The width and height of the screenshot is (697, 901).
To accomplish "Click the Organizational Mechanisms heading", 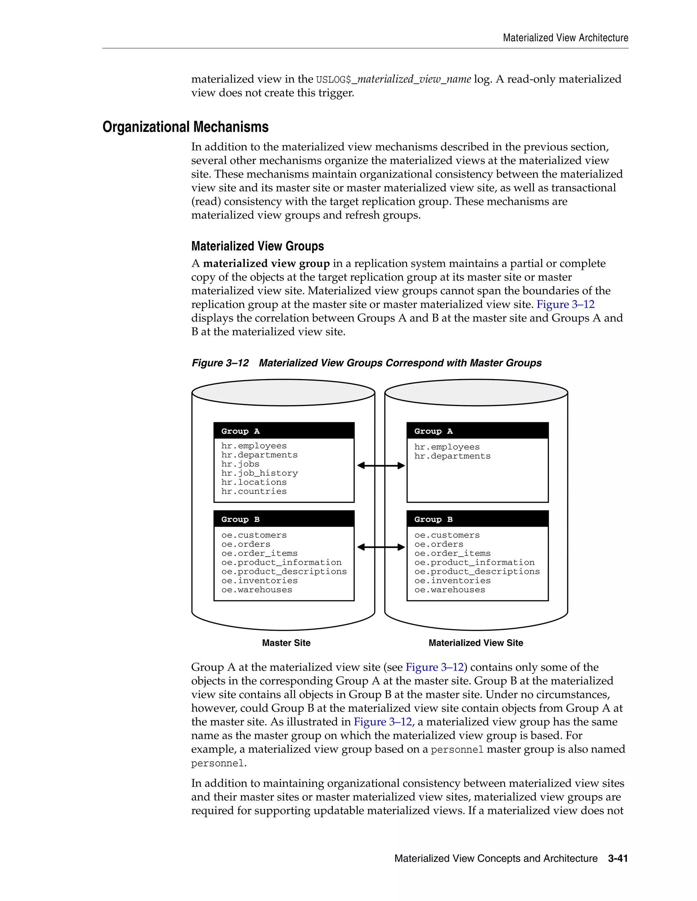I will (185, 127).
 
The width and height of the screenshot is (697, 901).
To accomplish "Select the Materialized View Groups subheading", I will (257, 246).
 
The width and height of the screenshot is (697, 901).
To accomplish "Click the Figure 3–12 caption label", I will (220, 363).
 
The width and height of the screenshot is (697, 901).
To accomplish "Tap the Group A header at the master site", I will (241, 431).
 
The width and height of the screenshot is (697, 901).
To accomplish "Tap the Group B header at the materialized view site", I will (434, 520).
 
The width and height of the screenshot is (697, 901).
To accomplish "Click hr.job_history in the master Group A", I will (259, 473).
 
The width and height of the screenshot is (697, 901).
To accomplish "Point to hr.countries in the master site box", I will (254, 491).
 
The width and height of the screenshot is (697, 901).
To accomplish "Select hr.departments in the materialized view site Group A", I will (452, 456).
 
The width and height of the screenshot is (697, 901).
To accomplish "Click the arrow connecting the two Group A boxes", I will (381, 466).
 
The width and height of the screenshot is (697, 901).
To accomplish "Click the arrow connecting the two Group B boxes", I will (381, 547).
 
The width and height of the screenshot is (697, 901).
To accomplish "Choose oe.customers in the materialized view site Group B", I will (447, 535).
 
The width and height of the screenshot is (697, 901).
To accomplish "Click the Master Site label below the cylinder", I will (286, 643).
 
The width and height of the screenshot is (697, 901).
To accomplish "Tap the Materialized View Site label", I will (476, 643).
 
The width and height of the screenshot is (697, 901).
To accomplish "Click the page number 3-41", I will (618, 859).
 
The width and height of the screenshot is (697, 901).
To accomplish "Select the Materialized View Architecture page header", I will (565, 38).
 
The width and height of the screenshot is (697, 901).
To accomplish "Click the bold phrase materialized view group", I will (266, 263).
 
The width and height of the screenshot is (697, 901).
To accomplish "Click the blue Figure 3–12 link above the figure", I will (565, 304).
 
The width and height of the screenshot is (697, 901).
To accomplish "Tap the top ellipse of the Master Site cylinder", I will (283, 392).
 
